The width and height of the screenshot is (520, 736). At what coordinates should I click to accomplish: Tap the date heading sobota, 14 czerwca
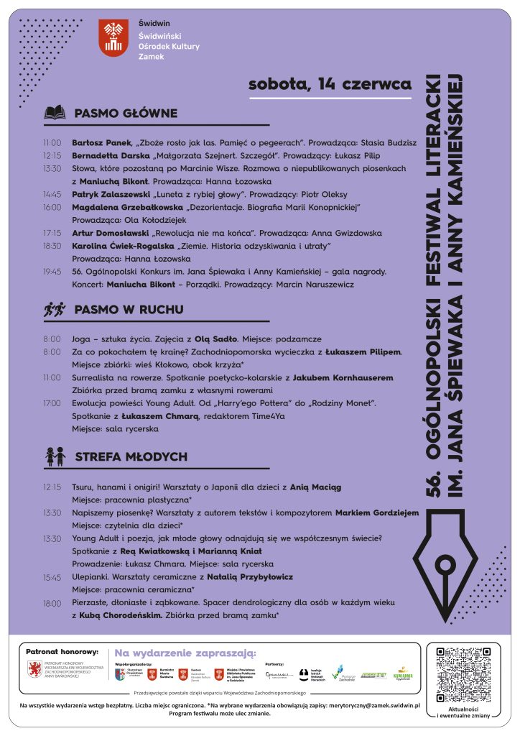click(330, 85)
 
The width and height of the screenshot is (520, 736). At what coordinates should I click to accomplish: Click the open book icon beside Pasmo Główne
click(55, 113)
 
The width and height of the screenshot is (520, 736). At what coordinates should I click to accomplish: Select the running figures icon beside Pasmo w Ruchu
click(54, 310)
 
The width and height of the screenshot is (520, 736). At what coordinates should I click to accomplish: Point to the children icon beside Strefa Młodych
click(55, 456)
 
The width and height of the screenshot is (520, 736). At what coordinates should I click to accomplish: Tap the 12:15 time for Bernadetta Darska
click(52, 155)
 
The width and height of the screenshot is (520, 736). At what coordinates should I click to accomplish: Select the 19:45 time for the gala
click(52, 272)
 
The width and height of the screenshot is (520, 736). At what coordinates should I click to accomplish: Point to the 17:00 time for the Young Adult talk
click(52, 403)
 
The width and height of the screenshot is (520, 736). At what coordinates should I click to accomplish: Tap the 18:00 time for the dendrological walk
click(52, 603)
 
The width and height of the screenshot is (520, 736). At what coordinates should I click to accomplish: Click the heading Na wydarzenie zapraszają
click(185, 653)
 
